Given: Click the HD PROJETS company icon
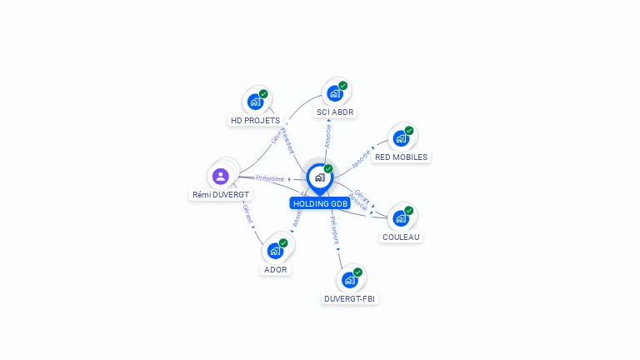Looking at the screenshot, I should (255, 102).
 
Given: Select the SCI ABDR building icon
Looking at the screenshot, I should (335, 93).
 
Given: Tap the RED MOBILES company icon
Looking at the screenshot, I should (401, 138).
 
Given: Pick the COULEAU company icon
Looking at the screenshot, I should (401, 218).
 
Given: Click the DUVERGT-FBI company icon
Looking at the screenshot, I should (350, 280).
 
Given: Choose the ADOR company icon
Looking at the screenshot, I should (275, 251).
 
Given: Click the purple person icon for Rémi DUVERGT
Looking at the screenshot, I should (220, 176).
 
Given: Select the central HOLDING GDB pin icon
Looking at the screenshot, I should (319, 177).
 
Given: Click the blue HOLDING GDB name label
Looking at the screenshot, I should (320, 203).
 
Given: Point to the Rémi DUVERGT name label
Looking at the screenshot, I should (220, 194).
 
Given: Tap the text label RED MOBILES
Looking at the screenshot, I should (401, 157).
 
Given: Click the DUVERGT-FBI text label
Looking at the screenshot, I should (350, 298).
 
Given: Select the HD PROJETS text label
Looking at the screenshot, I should (255, 121).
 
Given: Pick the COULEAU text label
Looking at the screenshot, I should (401, 237).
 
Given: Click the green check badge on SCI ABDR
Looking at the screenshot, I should (342, 86).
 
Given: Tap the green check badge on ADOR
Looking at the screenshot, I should (283, 242).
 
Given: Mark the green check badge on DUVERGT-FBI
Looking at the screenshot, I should (357, 272).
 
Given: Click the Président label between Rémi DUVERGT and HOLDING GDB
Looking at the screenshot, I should (270, 178).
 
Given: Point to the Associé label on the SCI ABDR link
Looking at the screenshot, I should (327, 136).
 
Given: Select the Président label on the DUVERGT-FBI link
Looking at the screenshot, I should (334, 231).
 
